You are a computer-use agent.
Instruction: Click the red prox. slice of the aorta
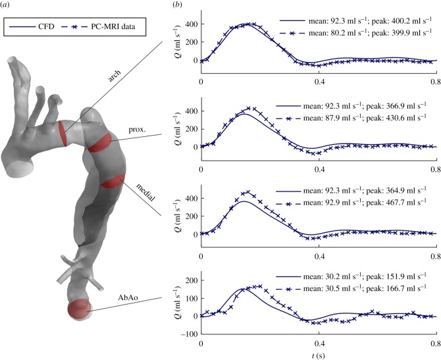[x=101, y=142]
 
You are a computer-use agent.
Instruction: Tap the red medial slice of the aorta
[x=113, y=180]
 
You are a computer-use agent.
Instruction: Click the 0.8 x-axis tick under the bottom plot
[x=435, y=342]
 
